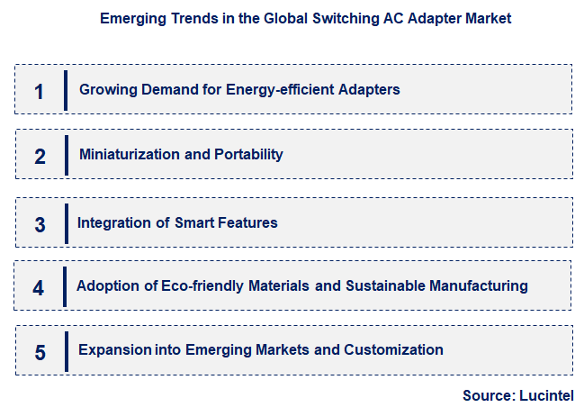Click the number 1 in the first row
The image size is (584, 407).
39,91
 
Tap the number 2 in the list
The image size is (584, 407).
39,156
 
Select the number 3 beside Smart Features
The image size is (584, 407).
39,224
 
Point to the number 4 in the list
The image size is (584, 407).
38,288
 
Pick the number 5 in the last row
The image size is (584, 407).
39,351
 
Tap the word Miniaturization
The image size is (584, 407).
129,154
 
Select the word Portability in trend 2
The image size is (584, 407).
248,154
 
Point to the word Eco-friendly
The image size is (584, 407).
187,285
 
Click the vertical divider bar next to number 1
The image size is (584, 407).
66,90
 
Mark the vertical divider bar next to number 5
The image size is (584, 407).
66,350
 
